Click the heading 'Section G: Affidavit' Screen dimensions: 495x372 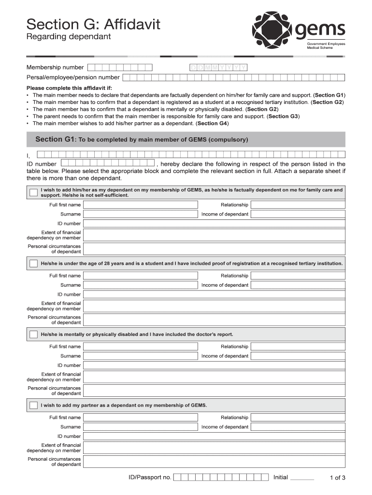coord(93,24)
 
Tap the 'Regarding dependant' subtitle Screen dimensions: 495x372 coord(69,37)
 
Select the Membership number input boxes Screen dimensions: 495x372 coord(120,68)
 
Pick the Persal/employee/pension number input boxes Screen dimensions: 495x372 coord(234,77)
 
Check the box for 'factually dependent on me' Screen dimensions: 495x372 coord(33,192)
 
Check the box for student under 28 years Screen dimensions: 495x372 coord(33,263)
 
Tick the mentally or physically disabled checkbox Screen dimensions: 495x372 coord(33,335)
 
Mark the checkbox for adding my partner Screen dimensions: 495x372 coord(33,405)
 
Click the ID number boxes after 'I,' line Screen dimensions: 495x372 coord(107,164)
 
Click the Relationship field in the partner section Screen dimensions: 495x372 coord(298,418)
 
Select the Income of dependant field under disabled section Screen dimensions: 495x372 coord(298,356)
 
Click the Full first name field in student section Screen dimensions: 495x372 coord(141,276)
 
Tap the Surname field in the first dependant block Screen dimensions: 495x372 coord(141,214)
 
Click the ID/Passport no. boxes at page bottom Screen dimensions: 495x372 coord(221,478)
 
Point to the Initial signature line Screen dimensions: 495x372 coord(303,478)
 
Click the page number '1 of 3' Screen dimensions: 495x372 coord(337,478)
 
